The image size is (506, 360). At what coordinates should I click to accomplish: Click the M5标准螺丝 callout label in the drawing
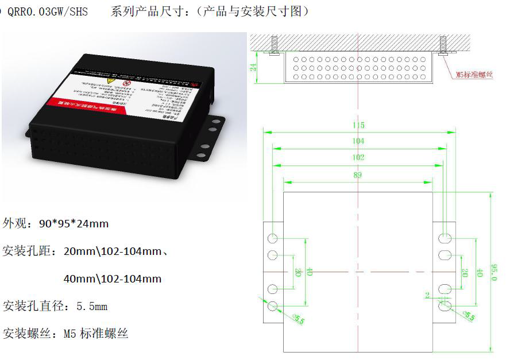coord(474,75)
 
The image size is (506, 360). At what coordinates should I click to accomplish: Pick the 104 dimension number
coord(358,141)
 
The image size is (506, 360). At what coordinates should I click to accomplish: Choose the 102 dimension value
coord(358,157)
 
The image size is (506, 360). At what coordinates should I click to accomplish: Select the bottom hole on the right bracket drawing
coord(445,307)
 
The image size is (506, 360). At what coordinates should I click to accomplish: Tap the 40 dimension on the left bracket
coord(309,272)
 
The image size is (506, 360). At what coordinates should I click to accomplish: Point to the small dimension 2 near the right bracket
coord(427,295)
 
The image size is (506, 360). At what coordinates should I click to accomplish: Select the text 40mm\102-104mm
coord(112,278)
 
